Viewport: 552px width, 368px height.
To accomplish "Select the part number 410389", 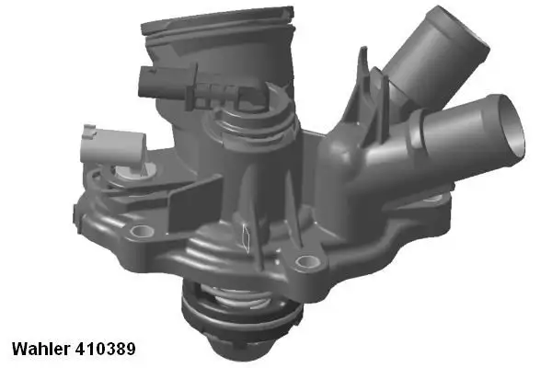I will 107,350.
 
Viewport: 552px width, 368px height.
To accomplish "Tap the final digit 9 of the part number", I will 132,350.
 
